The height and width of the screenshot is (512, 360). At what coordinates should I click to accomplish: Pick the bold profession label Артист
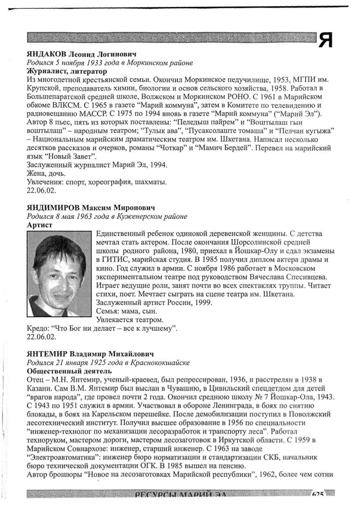click(x=40, y=225)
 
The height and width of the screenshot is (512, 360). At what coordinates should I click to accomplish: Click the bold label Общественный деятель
click(x=69, y=371)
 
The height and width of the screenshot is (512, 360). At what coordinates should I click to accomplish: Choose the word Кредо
click(x=37, y=328)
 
